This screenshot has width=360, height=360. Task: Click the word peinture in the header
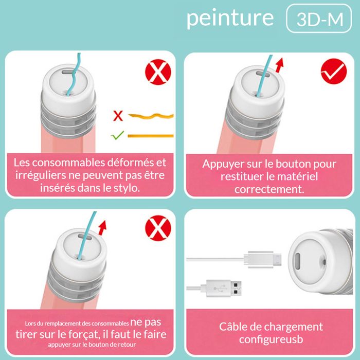230,19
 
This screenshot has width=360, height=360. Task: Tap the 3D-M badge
319,19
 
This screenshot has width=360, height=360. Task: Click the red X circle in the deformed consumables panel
158,72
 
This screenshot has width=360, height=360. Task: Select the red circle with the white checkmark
334,71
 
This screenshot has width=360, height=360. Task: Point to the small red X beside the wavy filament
118,116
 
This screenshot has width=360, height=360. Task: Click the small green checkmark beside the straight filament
118,135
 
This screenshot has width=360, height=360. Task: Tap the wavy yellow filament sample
151,116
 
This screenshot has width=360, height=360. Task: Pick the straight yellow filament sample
151,136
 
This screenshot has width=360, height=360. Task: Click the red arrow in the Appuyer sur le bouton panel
279,65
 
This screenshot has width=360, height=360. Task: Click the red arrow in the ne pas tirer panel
102,228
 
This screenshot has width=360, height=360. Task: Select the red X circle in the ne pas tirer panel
158,228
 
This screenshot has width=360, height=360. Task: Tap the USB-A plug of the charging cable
224,289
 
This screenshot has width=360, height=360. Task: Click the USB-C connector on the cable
263,259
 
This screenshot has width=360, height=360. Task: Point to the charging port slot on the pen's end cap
298,262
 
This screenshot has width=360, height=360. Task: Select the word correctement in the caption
269,189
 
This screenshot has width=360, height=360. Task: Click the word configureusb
271,339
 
